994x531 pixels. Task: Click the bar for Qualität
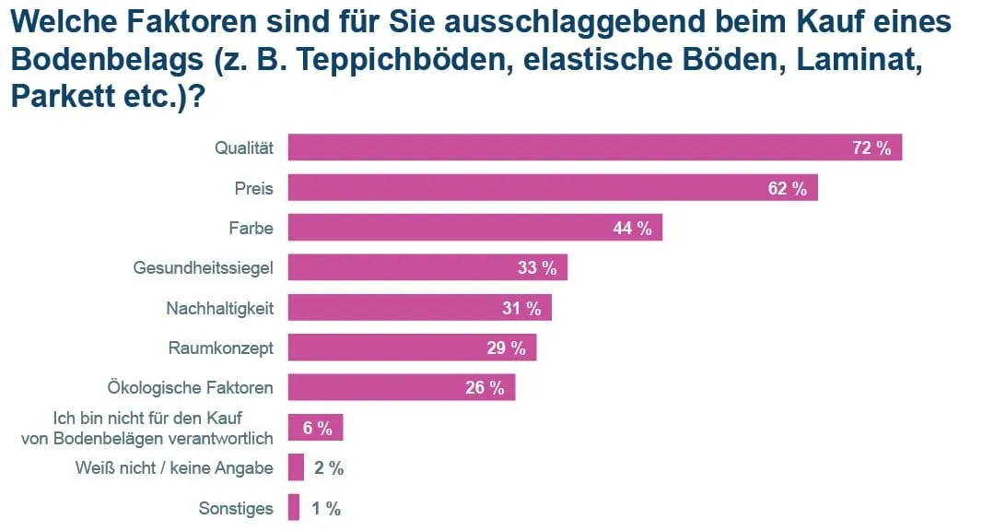594,147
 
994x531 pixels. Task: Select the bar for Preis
553,188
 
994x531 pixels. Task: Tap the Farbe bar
474,228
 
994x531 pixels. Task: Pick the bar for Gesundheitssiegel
427,267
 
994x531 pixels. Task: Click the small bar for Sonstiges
294,507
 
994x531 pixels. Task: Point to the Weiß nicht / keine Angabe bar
296,467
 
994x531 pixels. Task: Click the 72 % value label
871,148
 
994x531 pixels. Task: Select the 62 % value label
788,189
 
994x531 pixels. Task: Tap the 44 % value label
632,229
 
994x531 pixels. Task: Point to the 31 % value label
521,309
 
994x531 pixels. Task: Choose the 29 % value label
506,348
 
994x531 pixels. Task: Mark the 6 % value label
317,428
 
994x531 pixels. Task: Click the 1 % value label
327,508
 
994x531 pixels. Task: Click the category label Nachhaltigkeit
219,308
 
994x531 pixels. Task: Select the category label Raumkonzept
221,348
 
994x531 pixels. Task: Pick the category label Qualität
244,147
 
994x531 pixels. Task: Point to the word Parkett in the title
65,95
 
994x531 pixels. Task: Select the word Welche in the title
57,20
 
